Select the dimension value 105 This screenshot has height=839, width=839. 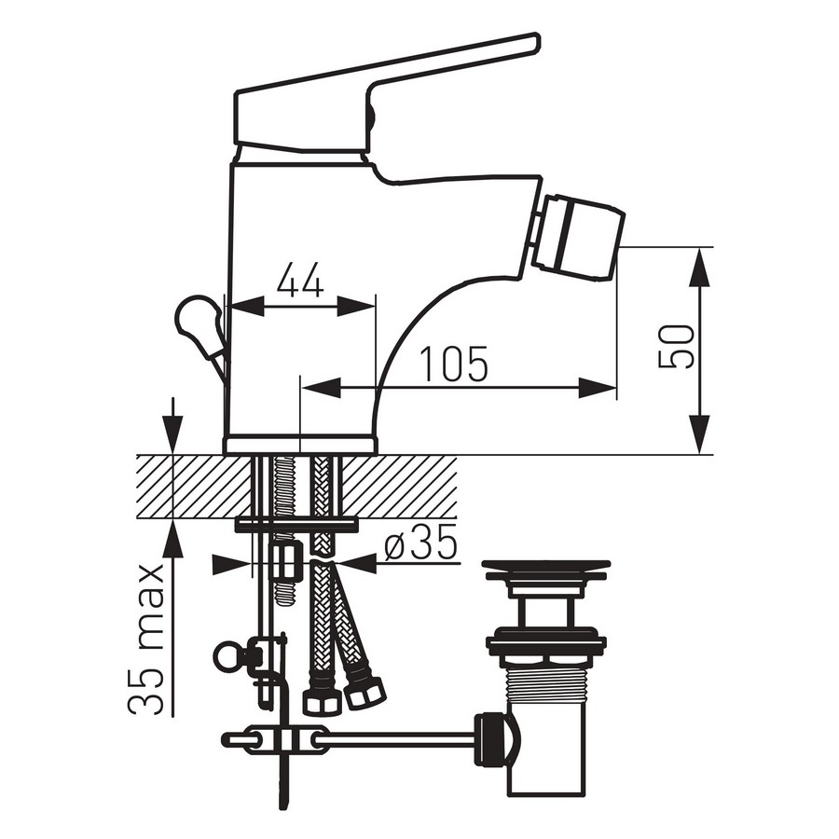[x=454, y=364]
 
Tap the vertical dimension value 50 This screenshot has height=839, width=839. [x=676, y=346]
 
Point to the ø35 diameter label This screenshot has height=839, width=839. [x=420, y=542]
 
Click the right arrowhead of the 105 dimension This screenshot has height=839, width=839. [x=598, y=388]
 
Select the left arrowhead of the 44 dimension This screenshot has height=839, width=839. [x=246, y=307]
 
